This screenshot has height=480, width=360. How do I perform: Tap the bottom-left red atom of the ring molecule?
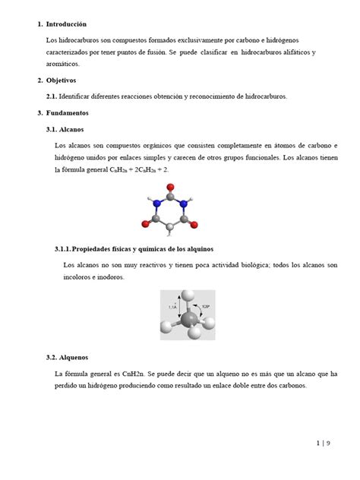(145, 225)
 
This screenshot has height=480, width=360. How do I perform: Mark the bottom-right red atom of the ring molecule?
(196, 225)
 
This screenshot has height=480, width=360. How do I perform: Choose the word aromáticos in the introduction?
(62, 64)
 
